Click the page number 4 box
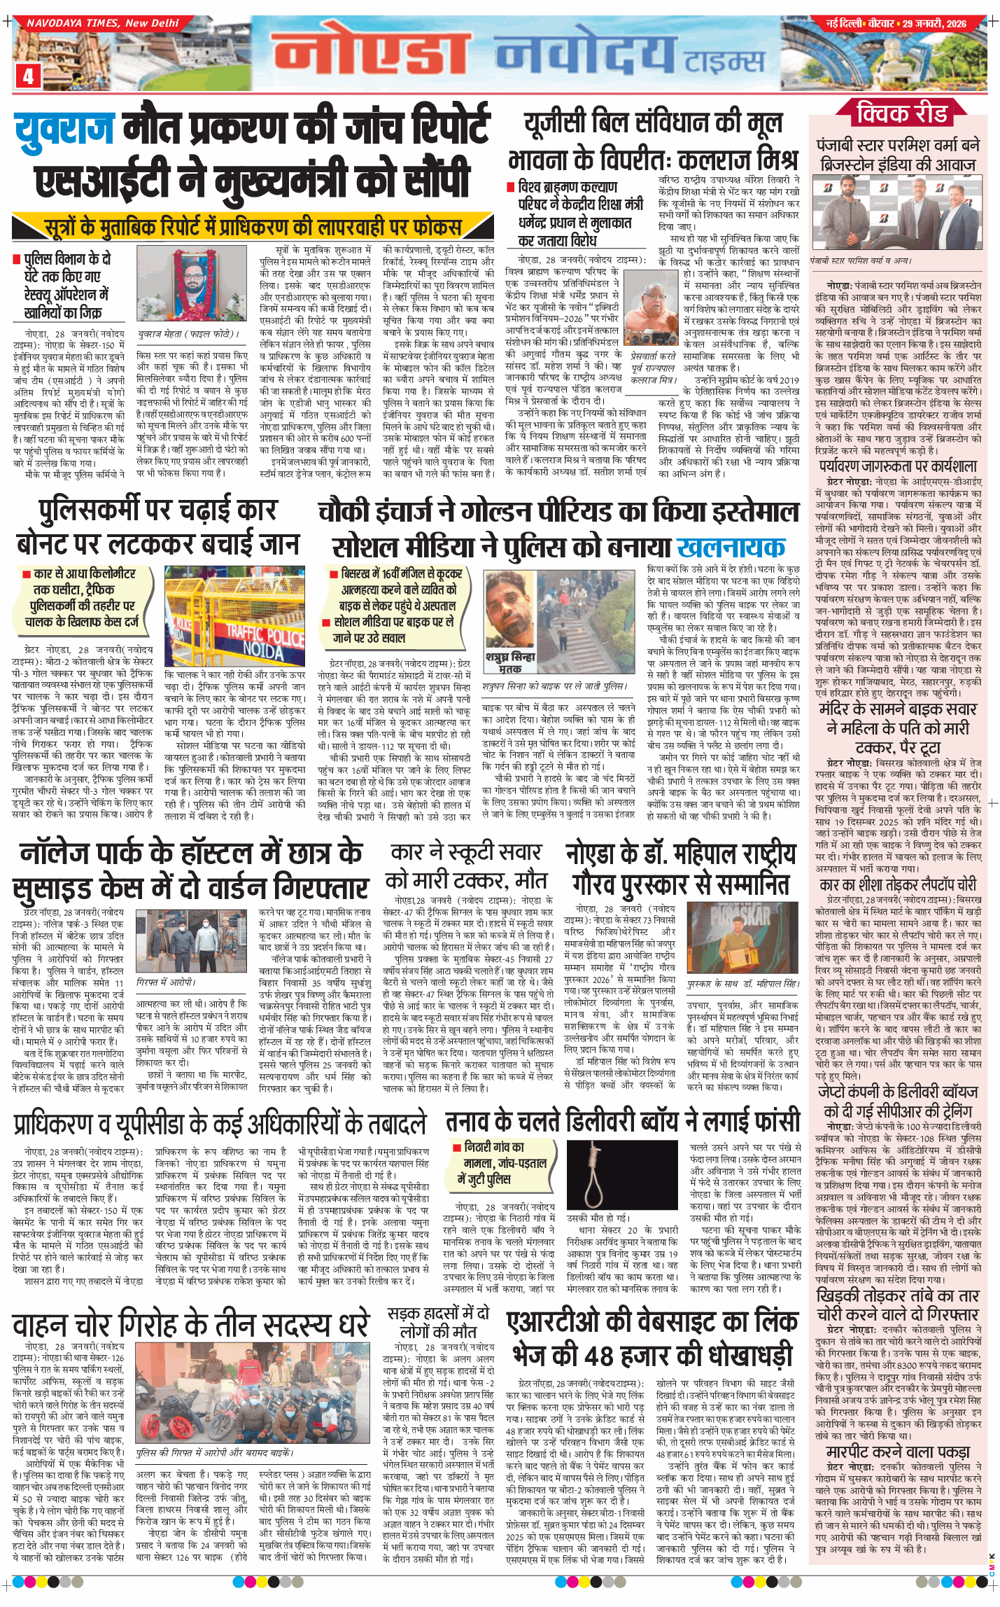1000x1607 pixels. point(28,76)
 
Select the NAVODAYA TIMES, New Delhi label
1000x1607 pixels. point(102,23)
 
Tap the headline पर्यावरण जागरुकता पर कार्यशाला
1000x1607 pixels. point(898,466)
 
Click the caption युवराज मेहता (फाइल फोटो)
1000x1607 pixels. point(188,334)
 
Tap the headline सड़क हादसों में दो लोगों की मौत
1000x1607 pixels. point(438,1322)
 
